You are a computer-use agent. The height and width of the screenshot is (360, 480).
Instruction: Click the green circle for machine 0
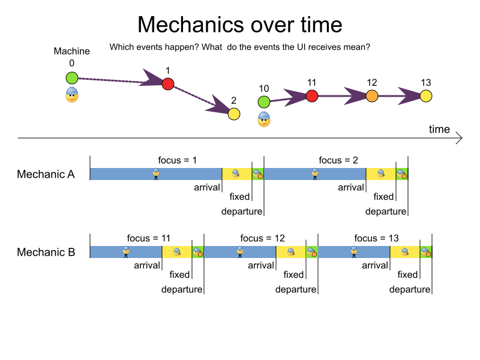tap(72, 77)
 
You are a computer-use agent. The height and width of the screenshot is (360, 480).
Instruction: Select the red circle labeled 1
tap(168, 84)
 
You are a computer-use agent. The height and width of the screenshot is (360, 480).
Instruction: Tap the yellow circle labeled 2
tap(234, 113)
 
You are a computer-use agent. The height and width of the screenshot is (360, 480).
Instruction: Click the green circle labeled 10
tap(264, 102)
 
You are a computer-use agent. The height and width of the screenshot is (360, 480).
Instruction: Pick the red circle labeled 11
tap(311, 95)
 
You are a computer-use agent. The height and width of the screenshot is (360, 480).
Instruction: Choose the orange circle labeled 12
tap(371, 95)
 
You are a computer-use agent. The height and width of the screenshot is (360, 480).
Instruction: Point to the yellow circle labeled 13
tap(426, 95)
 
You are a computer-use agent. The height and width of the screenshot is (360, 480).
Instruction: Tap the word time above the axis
tap(439, 129)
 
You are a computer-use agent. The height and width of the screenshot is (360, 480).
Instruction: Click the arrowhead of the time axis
tap(459, 139)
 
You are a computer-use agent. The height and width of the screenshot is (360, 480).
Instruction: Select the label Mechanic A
tap(46, 175)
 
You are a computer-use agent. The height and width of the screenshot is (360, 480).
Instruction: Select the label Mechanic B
tap(46, 252)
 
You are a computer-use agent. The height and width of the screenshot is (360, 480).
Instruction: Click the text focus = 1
tap(178, 160)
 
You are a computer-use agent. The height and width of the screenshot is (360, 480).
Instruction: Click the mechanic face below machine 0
tap(72, 95)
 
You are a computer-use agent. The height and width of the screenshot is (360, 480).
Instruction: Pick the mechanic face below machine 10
tap(264, 119)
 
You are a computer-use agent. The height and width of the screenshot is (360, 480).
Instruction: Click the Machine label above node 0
tap(71, 52)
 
